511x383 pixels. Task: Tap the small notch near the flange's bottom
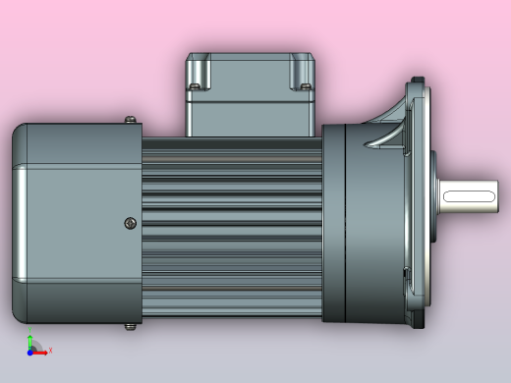402,270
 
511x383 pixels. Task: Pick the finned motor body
231,226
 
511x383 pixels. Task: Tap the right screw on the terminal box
306,88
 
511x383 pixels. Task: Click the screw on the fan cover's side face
131,223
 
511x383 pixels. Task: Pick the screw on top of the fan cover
131,121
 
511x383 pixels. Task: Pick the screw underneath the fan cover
131,325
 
